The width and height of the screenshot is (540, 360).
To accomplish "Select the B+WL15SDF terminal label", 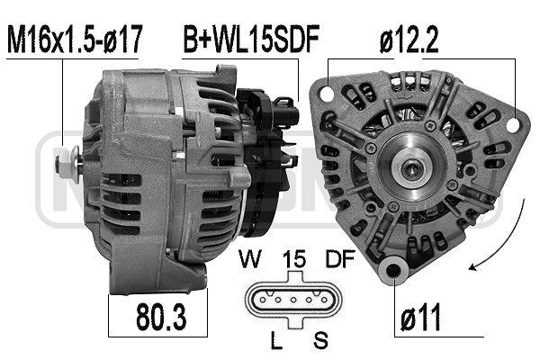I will [x=252, y=40].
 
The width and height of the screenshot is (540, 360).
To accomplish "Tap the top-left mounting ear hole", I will [x=320, y=90].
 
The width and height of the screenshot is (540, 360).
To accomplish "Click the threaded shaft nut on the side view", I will [x=65, y=164].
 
